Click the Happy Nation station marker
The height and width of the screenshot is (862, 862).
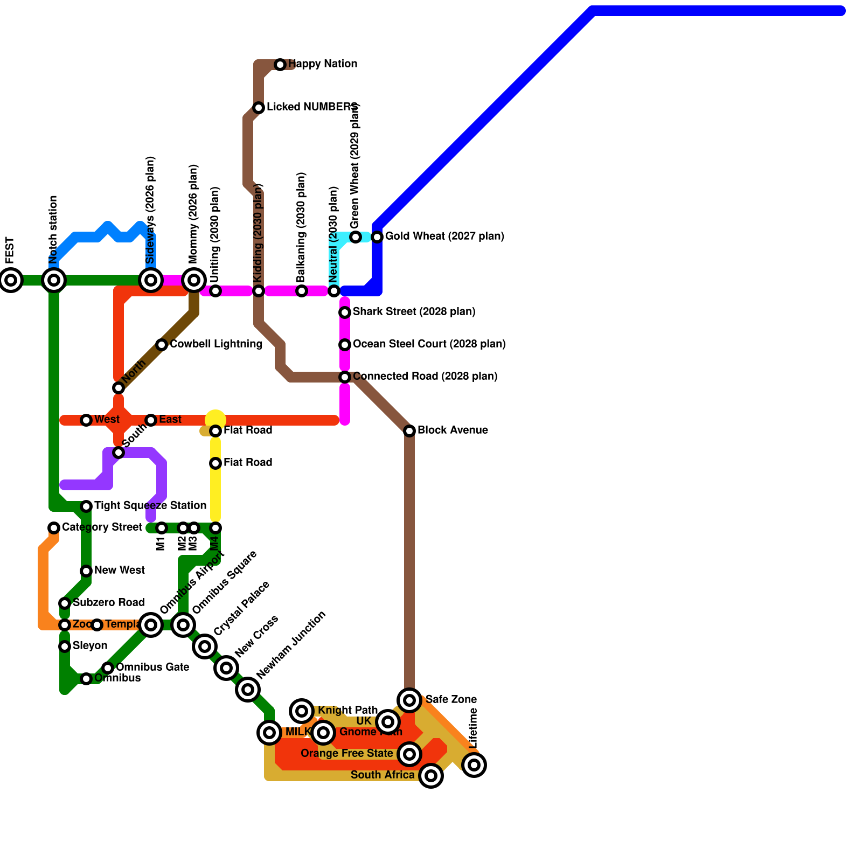(280, 65)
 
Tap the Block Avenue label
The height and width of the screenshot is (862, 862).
(453, 430)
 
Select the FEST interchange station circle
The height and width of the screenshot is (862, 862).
(11, 280)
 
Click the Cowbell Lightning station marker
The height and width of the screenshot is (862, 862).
(162, 345)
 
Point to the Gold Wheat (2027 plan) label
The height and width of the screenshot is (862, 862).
(444, 236)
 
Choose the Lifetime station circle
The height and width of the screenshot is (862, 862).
(474, 764)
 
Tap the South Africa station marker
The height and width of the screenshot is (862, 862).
(431, 776)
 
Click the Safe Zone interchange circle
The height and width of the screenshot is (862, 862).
(409, 700)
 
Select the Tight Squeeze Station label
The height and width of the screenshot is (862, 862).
(150, 505)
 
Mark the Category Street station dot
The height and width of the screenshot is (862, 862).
(54, 528)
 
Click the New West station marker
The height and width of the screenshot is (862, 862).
(86, 571)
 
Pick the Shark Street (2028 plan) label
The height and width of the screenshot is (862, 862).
(414, 311)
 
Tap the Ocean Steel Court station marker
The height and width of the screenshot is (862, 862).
(345, 345)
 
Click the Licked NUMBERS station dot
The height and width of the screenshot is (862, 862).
(259, 108)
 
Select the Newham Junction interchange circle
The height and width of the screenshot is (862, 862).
(248, 690)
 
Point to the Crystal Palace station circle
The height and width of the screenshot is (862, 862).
(205, 646)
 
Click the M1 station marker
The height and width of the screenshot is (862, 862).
(162, 528)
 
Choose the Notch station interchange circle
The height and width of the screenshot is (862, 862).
(54, 280)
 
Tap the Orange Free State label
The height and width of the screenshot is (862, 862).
(346, 753)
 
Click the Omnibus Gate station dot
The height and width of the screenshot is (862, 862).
(108, 668)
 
